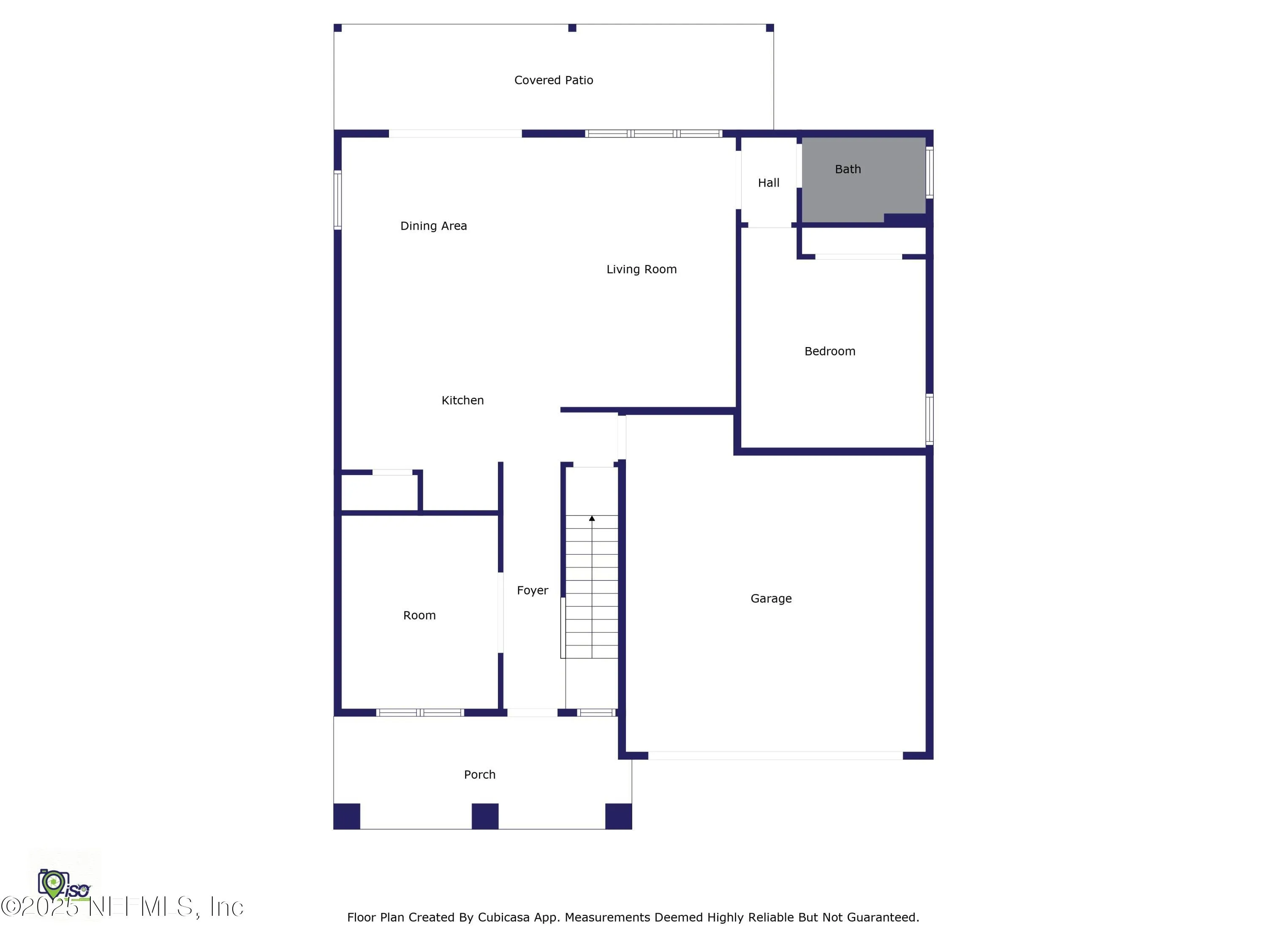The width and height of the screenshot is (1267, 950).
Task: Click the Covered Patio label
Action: coord(553,80)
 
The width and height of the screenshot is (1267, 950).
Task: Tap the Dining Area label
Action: coord(434,226)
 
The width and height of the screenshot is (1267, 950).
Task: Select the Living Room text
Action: coord(642,269)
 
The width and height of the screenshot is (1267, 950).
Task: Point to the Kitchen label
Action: coord(462,400)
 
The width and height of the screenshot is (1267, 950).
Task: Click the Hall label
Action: coord(769,183)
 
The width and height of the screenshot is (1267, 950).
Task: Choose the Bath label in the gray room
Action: coord(848,169)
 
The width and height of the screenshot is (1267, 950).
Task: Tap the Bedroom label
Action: coord(830,351)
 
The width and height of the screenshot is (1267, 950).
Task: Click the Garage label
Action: coord(771,598)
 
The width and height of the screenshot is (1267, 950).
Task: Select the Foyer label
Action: coord(532,590)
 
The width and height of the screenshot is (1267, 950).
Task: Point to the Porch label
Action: coord(479,775)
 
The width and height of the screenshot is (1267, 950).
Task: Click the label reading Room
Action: coord(419,616)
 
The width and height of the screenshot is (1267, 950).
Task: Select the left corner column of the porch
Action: coord(347,816)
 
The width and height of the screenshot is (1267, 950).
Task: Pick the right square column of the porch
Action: coord(619,816)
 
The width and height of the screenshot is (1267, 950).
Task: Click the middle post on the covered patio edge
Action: coord(572,28)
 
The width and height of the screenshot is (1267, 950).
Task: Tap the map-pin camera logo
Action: coord(53,884)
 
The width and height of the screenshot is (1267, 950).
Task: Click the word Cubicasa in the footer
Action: coord(504,917)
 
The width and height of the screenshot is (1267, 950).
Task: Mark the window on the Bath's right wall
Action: coord(930,172)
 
